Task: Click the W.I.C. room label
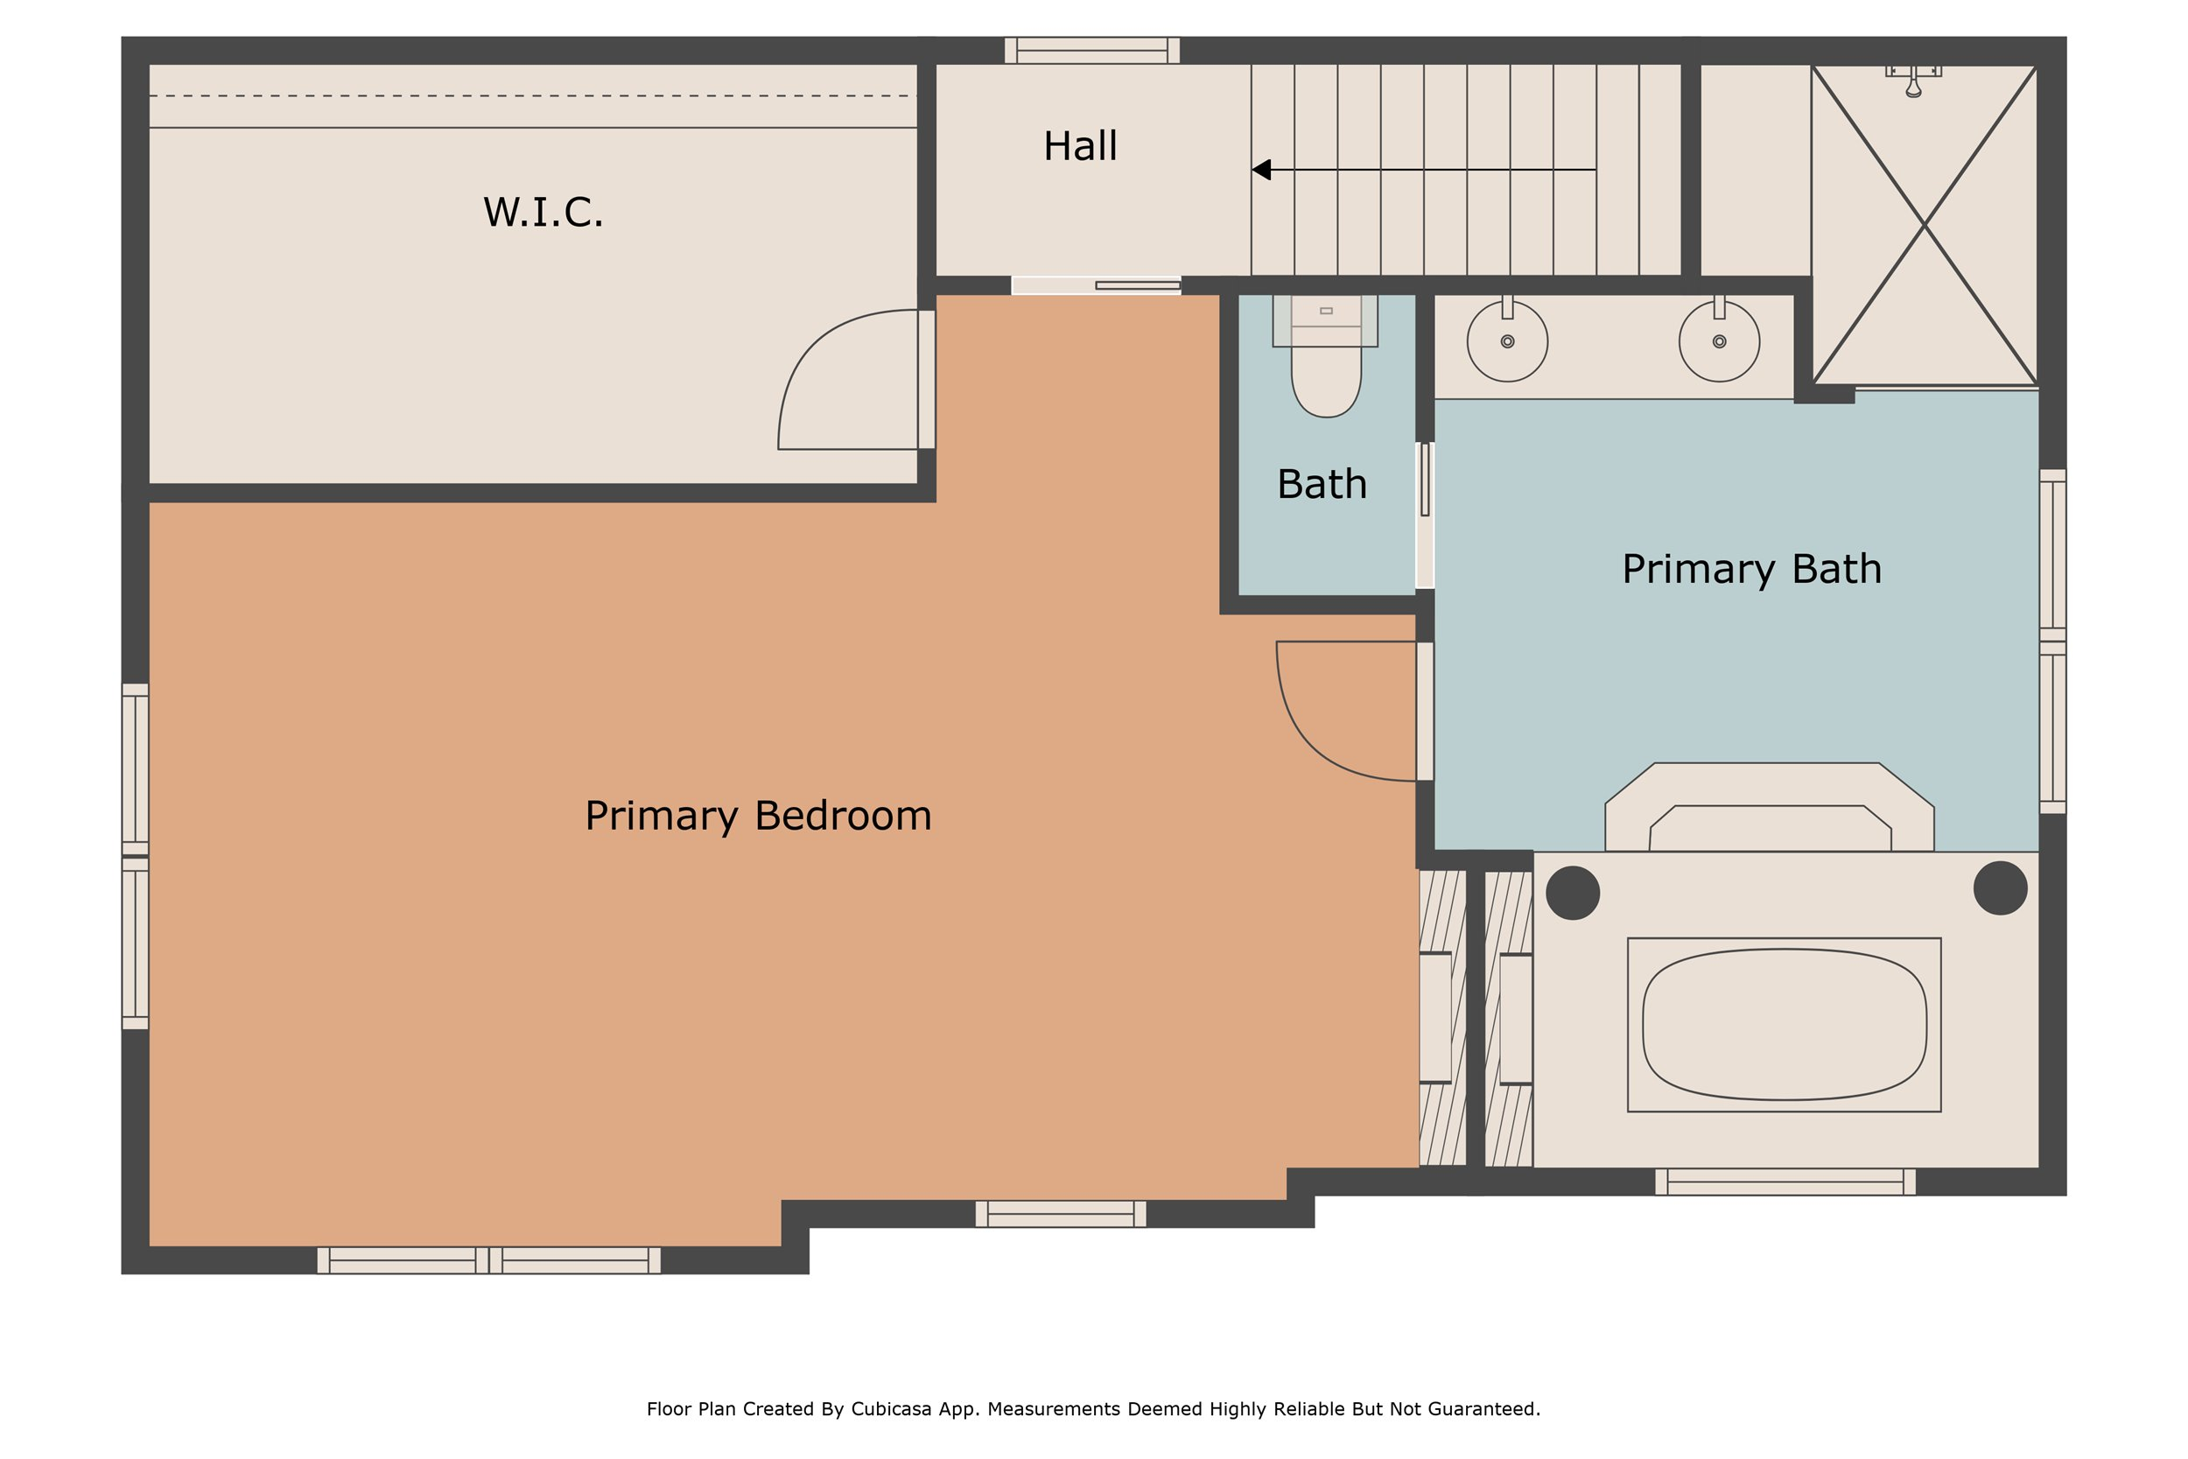[x=543, y=212]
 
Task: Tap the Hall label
[x=1080, y=146]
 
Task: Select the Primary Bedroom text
[x=757, y=815]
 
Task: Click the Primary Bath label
[x=1750, y=569]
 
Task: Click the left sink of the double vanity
[x=1507, y=341]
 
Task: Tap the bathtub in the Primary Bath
[x=1784, y=1025]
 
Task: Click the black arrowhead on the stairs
[x=1261, y=169]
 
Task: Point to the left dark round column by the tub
[x=1572, y=893]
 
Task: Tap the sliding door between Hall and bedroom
[x=1137, y=284]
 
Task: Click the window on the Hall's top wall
[x=1092, y=50]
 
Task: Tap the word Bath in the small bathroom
[x=1321, y=484]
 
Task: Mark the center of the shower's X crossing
[x=1924, y=224]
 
